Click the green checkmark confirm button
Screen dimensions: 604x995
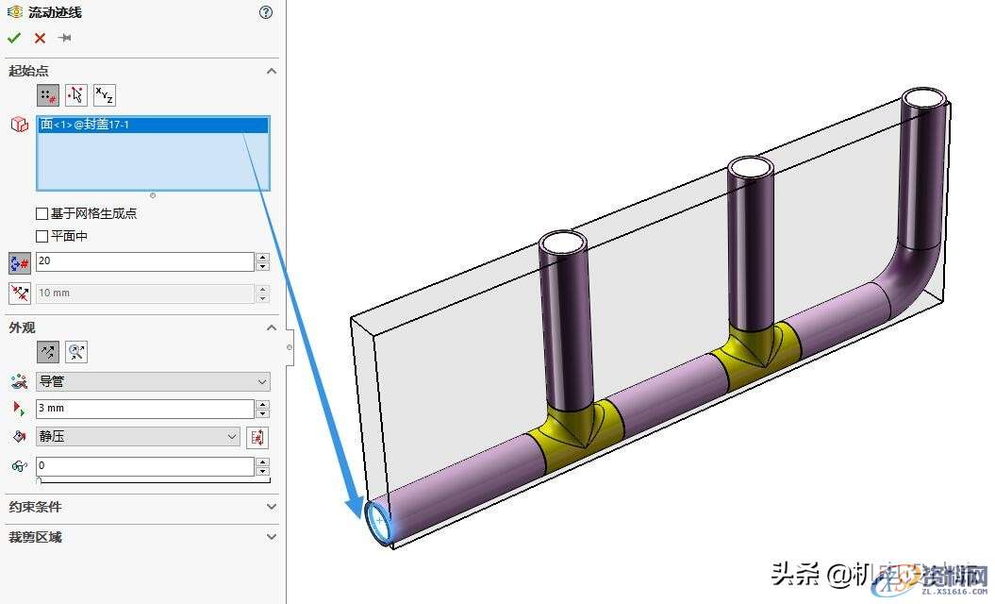(x=13, y=38)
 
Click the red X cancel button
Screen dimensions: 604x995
(x=40, y=38)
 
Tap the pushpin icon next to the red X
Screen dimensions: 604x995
(x=64, y=38)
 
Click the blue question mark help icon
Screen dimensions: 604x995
(x=266, y=12)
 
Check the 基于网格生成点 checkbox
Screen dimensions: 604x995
(x=41, y=213)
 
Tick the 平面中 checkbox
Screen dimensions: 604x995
(x=41, y=236)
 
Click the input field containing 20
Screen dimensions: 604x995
(x=145, y=262)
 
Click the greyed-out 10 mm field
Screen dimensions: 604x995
(x=145, y=294)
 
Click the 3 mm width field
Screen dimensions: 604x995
(x=145, y=409)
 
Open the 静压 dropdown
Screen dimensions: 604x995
(x=138, y=437)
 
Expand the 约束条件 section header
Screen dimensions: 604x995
(x=141, y=507)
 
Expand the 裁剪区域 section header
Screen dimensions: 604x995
(x=141, y=537)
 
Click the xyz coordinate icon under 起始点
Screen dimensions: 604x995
(x=104, y=94)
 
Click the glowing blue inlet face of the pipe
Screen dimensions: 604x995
(x=379, y=522)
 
